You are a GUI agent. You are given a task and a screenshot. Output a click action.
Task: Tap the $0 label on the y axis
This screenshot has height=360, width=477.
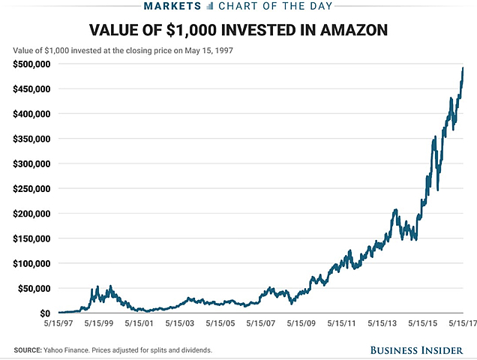pos(44,313)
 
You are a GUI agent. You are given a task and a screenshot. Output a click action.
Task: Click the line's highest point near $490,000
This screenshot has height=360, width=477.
pos(463,68)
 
